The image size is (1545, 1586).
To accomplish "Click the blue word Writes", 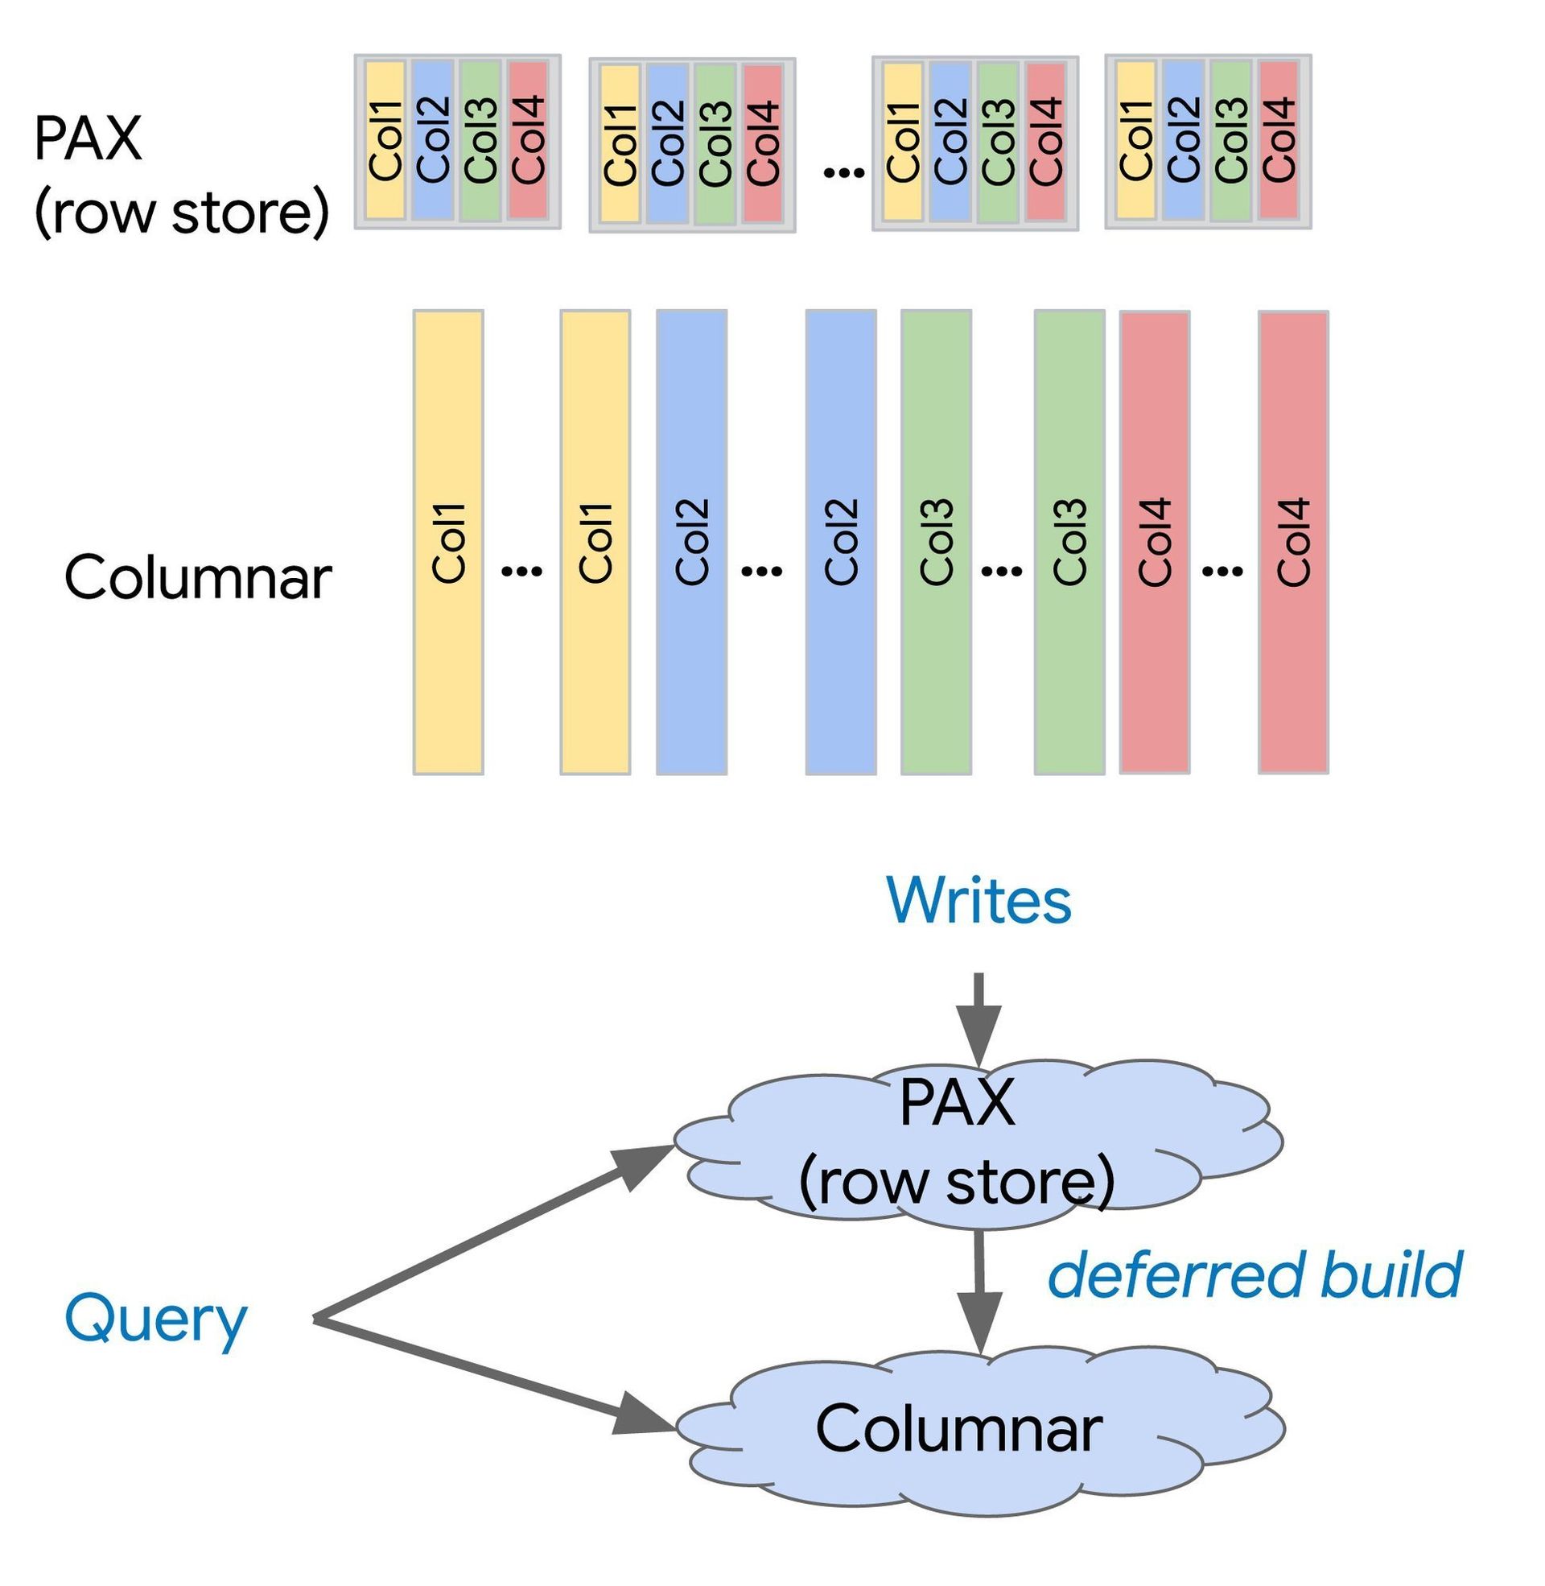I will tap(978, 900).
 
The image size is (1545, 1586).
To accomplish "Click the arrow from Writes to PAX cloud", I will tap(978, 1019).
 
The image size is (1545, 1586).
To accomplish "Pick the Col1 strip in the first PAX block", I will tap(385, 139).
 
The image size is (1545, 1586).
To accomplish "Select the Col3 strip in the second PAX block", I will tap(715, 143).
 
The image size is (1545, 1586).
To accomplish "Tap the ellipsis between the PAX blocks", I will tap(843, 171).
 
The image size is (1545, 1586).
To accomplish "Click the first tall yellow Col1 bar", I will tap(448, 541).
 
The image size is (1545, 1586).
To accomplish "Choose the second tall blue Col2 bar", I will tap(841, 541).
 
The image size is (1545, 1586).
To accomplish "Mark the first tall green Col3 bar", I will tap(936, 541).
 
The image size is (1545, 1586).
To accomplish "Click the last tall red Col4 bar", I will tap(1292, 541).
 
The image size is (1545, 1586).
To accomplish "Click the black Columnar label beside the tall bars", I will tap(197, 578).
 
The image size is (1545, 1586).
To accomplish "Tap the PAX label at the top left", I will tap(88, 138).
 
